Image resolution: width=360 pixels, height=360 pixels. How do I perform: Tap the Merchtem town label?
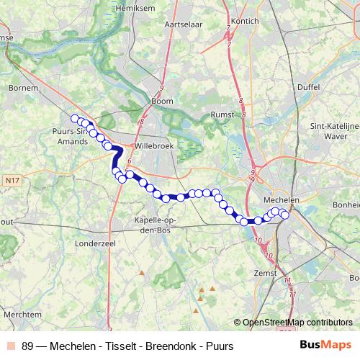click(22, 315)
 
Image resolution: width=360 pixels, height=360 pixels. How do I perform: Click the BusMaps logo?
click(325, 346)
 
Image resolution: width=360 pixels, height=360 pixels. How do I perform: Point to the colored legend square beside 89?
click(10, 346)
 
